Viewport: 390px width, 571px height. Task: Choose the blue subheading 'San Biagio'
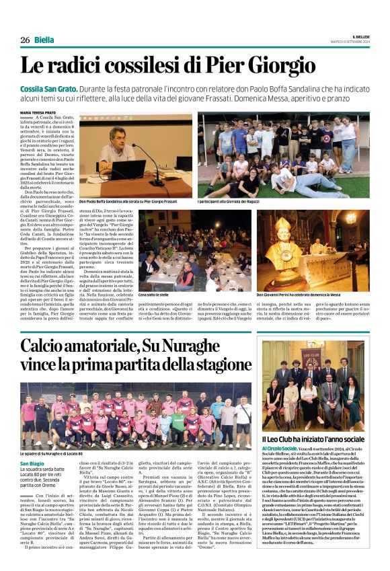point(32,464)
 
